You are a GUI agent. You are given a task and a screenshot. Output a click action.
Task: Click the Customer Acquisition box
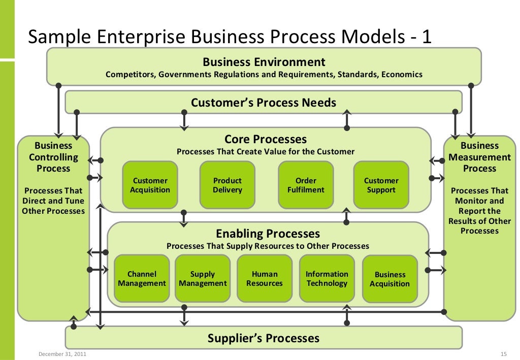coord(150,185)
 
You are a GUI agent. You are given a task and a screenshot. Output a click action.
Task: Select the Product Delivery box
coord(227,185)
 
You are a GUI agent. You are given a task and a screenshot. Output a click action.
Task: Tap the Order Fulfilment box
coord(306,185)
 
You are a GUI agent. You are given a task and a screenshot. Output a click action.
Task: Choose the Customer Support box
coord(381,185)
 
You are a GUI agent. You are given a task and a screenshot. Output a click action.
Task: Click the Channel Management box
coord(142,279)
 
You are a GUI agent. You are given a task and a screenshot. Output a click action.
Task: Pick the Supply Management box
coord(203,279)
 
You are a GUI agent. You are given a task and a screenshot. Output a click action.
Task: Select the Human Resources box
coord(265,279)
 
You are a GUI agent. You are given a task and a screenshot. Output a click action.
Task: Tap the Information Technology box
coord(327,279)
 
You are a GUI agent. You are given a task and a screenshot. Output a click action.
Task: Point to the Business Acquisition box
coord(389,279)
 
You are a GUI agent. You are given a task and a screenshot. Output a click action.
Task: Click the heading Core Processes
coord(266,139)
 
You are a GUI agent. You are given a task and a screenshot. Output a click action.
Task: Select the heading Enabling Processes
coord(268,234)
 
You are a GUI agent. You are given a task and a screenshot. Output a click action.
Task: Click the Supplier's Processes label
coord(264,338)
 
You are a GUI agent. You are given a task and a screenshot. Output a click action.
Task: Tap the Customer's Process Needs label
coord(264,103)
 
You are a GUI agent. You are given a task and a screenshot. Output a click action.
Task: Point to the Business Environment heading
coord(264,62)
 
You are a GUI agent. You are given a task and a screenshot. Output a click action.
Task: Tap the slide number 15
coord(504,354)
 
